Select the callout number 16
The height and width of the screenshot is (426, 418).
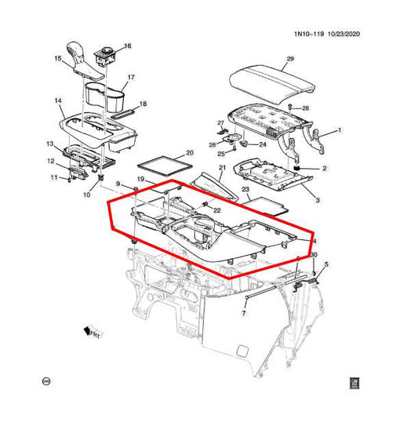(128, 46)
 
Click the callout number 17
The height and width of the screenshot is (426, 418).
(132, 77)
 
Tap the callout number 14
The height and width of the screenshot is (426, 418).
(58, 101)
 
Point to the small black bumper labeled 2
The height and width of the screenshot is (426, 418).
(299, 169)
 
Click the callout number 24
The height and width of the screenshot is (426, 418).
(262, 144)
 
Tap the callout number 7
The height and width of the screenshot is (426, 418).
(244, 313)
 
